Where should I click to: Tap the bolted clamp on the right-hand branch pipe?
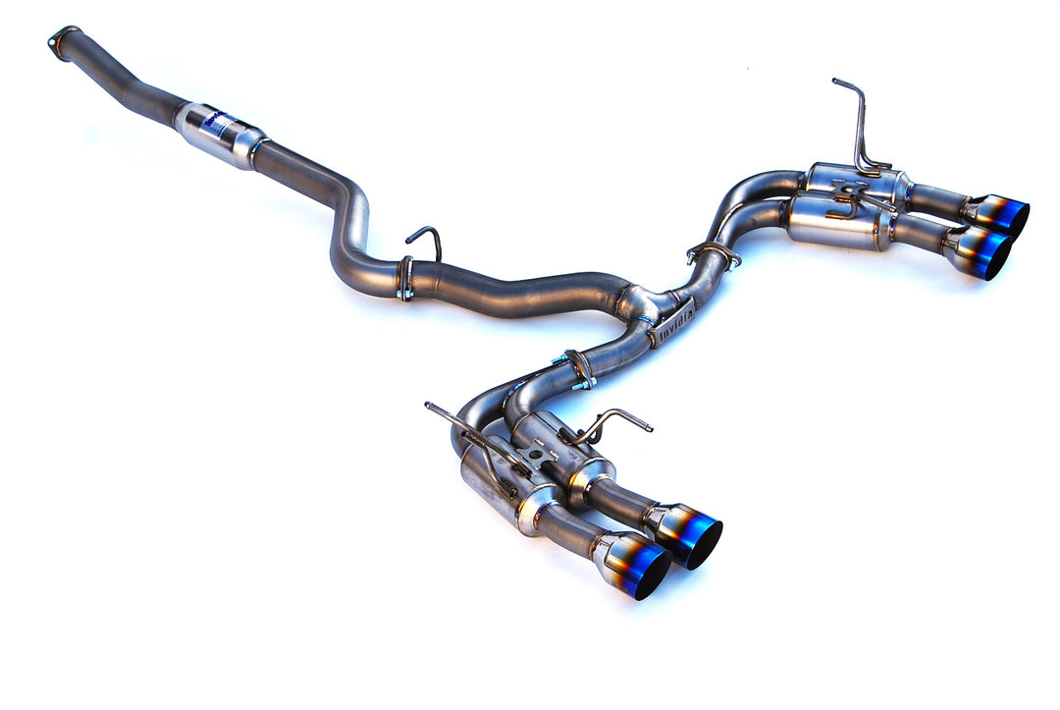click(714, 253)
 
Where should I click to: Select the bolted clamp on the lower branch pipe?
click(579, 369)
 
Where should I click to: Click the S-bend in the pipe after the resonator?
click(348, 226)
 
